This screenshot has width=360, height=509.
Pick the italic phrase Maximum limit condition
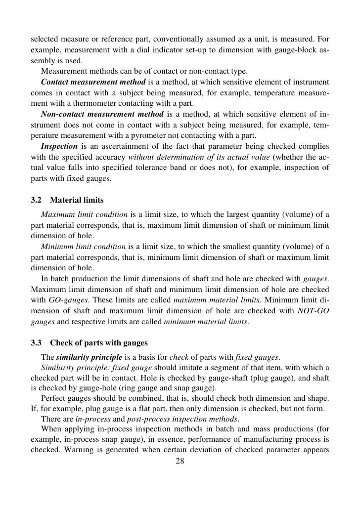point(84,214)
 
